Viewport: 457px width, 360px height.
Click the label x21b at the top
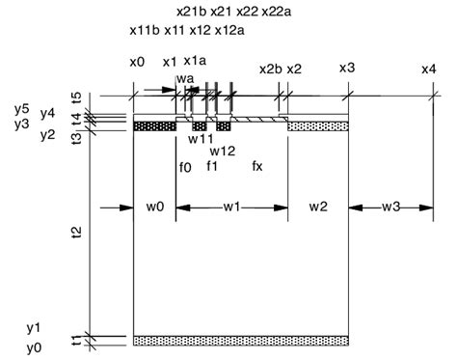[192, 12]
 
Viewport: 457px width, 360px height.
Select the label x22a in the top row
[277, 12]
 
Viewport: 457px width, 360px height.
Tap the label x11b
[145, 31]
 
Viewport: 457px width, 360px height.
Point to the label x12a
[229, 31]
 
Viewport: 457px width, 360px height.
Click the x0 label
[137, 62]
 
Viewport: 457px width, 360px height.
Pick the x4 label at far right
[429, 69]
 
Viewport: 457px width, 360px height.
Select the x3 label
[347, 68]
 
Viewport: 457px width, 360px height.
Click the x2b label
[271, 69]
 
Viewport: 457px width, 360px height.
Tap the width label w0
[155, 207]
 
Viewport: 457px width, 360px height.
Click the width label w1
[231, 207]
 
